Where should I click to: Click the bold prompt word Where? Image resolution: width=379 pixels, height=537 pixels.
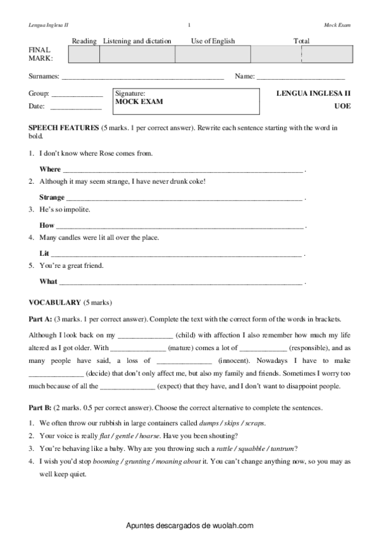click(x=50, y=169)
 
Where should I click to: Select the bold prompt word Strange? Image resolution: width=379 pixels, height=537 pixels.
click(x=52, y=198)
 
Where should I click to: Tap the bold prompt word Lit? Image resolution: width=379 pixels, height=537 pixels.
click(x=44, y=253)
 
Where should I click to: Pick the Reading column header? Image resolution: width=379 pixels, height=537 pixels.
click(x=84, y=41)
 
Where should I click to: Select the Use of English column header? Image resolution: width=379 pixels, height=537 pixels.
click(x=213, y=41)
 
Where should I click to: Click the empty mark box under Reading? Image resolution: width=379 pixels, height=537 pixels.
click(x=84, y=54)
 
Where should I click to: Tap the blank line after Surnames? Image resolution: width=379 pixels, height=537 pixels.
click(x=142, y=77)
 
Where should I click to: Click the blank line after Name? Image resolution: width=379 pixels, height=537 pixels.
click(x=300, y=77)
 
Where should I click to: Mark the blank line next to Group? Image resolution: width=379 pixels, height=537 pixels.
click(x=76, y=94)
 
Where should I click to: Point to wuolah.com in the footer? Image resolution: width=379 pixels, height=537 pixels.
click(x=230, y=526)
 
